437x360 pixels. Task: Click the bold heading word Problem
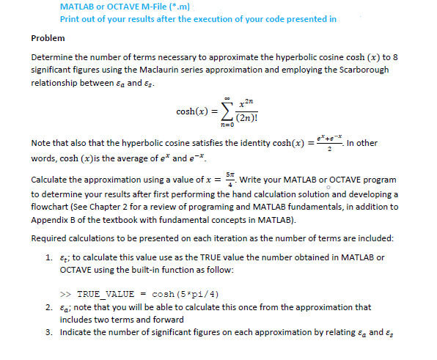tap(48, 37)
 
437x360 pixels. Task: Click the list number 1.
tap(48, 257)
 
